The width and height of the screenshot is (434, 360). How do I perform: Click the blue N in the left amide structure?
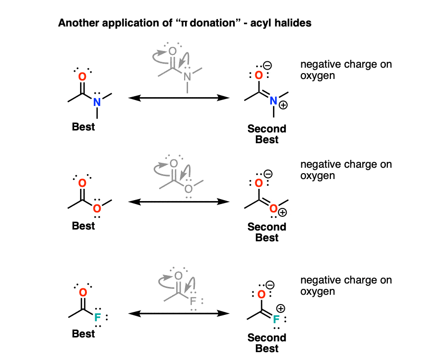[x=97, y=102]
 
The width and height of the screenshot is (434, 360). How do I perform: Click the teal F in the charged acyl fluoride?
[x=276, y=320]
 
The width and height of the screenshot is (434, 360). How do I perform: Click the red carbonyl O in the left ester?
[x=82, y=183]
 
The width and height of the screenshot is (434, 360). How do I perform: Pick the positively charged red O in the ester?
[x=273, y=208]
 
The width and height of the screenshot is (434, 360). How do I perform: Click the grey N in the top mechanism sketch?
[x=187, y=77]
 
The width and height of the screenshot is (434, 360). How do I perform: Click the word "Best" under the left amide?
[x=83, y=128]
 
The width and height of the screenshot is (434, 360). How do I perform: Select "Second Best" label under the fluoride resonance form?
[x=267, y=343]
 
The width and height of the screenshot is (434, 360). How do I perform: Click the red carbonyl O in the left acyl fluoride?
[x=82, y=293]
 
